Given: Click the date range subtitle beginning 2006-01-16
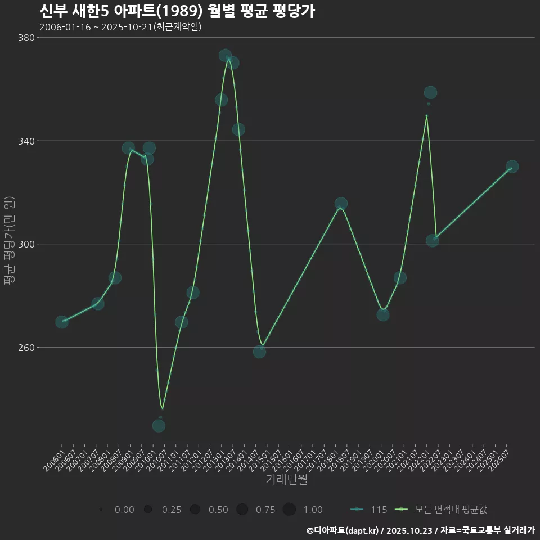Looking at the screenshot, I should (120, 27).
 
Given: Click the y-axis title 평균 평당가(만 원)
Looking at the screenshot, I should (9, 242).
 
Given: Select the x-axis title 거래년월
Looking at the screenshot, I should (286, 480).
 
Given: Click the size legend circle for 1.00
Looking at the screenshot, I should (289, 510).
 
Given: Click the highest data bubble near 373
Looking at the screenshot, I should (225, 55).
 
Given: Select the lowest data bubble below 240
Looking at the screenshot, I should (159, 426).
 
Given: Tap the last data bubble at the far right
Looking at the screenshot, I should (512, 166).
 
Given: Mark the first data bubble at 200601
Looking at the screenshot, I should (62, 322).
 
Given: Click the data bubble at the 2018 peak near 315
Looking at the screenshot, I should (341, 204).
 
